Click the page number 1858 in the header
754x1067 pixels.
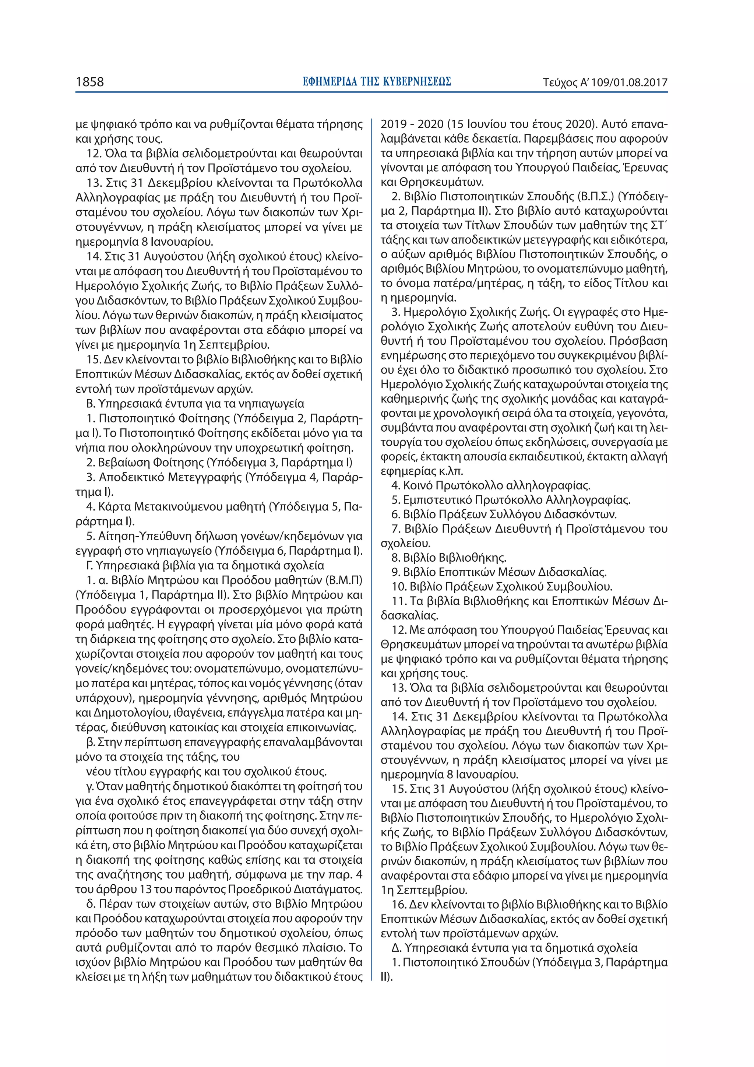[x=90, y=82]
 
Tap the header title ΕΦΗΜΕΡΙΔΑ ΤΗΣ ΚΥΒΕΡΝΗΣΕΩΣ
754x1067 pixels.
[x=377, y=82]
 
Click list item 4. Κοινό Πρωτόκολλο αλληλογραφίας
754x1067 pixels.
[x=491, y=486]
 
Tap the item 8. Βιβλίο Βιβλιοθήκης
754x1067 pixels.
[x=449, y=558]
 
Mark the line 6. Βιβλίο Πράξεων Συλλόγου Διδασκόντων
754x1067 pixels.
[x=504, y=515]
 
